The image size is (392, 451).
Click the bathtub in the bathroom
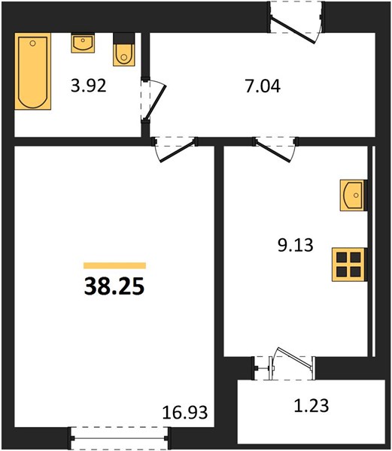(33, 71)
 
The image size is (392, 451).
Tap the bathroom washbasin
(83, 43)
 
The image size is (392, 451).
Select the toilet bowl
(123, 55)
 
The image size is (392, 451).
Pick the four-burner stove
(349, 265)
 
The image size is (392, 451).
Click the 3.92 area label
(89, 86)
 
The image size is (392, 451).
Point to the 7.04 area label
(263, 86)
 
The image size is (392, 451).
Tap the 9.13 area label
(295, 245)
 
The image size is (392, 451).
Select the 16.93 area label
(185, 412)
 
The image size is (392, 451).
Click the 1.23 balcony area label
(311, 406)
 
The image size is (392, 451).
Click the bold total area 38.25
(114, 287)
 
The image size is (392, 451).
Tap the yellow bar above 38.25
(114, 265)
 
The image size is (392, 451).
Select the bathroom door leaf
(156, 101)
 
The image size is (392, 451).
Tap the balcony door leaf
(295, 358)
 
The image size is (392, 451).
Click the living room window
(120, 438)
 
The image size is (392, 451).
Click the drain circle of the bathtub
(33, 44)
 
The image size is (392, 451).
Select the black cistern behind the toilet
(123, 38)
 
